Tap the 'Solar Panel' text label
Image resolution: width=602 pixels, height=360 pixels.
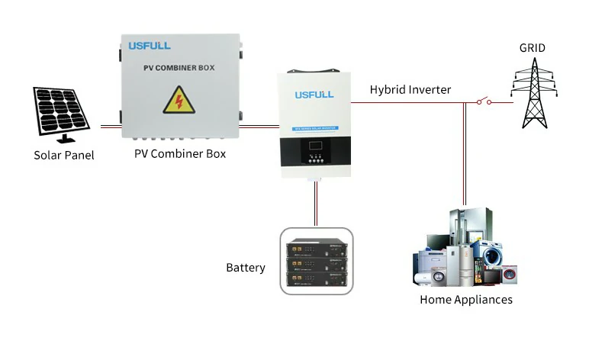pyautogui.click(x=64, y=156)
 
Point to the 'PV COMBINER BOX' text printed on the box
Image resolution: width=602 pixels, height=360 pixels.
pyautogui.click(x=179, y=68)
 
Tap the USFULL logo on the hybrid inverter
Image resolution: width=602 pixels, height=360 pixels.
pyautogui.click(x=314, y=94)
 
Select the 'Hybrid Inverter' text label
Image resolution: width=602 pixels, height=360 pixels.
pyautogui.click(x=410, y=89)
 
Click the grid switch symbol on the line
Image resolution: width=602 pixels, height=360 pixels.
pyautogui.click(x=482, y=101)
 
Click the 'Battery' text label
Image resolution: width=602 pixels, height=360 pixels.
pyautogui.click(x=246, y=268)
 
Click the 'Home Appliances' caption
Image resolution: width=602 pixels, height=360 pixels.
pyautogui.click(x=465, y=300)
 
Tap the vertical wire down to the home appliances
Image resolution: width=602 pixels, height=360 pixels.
pyautogui.click(x=464, y=153)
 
